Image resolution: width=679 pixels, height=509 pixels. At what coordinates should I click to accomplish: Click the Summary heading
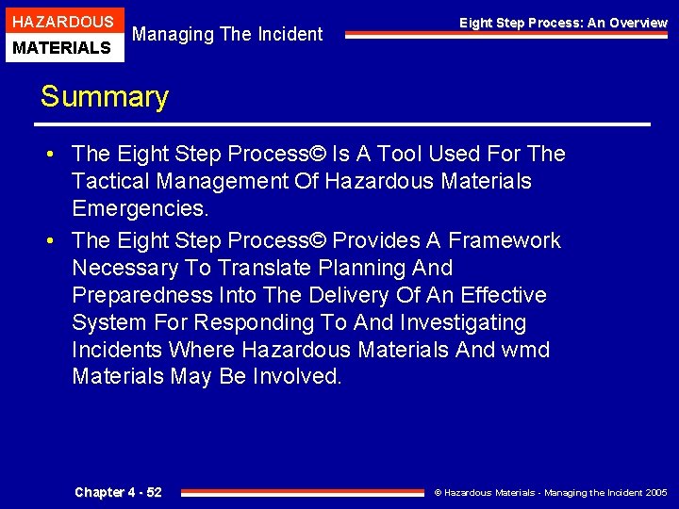pos(104,97)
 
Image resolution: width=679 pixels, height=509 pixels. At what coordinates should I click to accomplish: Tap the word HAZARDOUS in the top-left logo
pos(62,21)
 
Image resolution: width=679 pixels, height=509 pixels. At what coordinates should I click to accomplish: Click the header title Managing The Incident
pos(227,35)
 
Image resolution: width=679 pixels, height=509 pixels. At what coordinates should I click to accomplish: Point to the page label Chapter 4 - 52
pos(118,492)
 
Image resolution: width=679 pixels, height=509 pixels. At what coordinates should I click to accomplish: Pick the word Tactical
pos(111,181)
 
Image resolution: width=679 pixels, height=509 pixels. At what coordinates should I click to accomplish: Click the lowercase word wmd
pos(524,350)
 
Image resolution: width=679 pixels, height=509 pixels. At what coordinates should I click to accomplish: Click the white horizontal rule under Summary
pos(344,124)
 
